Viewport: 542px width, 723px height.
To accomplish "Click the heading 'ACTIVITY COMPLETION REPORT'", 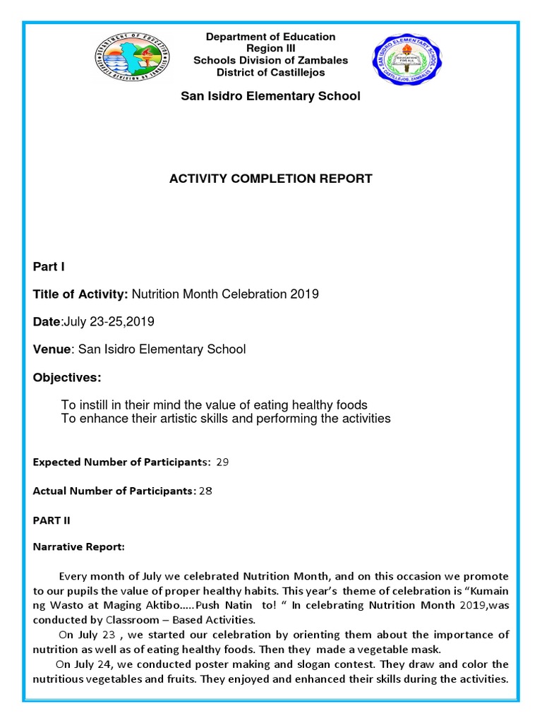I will coord(270,179).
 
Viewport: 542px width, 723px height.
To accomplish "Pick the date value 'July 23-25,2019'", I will coord(109,322).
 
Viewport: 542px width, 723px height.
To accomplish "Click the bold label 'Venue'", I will coord(52,349).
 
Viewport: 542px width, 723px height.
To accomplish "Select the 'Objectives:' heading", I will coord(67,378).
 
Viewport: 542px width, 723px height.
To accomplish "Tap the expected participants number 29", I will coord(222,462).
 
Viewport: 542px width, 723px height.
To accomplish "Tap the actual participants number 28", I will coord(205,491).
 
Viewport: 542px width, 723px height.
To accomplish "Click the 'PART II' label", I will coord(52,520).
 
